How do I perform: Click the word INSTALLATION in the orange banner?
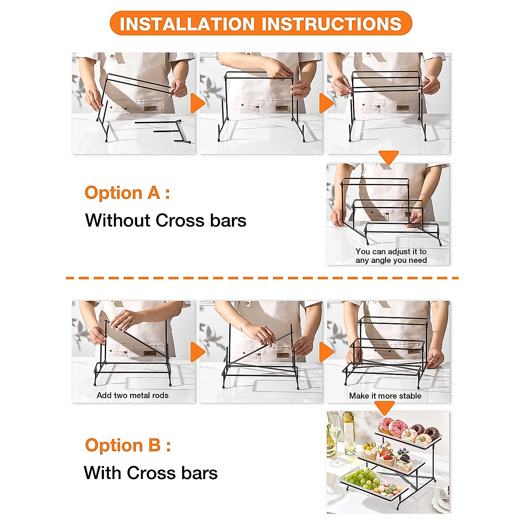pyautogui.click(x=187, y=24)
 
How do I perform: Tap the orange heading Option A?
pyautogui.click(x=127, y=193)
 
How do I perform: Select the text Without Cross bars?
pyautogui.click(x=165, y=221)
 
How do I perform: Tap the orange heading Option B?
pyautogui.click(x=128, y=445)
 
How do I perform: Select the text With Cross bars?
pyautogui.click(x=151, y=473)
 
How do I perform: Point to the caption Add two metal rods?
pyautogui.click(x=132, y=395)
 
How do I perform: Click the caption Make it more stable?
pyautogui.click(x=385, y=396)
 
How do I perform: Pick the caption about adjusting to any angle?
pyautogui.click(x=391, y=256)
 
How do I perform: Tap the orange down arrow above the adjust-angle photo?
pyautogui.click(x=388, y=157)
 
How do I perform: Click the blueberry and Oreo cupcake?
pyautogui.click(x=404, y=461)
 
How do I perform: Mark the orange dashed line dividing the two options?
pyautogui.click(x=262, y=278)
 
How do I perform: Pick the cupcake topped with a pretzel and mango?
pyautogui.click(x=369, y=450)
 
